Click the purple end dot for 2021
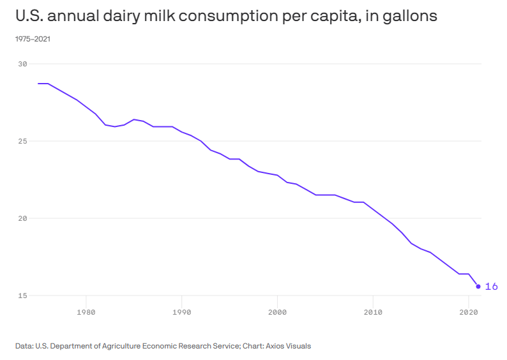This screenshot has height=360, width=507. point(478,286)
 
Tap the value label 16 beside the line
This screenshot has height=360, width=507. point(491,287)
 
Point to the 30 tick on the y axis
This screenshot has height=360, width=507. point(22,64)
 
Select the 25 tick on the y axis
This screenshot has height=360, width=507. point(22,141)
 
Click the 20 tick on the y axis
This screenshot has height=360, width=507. point(22,218)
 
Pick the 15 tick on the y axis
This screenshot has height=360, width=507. point(22,296)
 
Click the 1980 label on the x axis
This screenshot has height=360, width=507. point(86,312)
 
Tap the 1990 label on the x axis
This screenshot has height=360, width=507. point(182,312)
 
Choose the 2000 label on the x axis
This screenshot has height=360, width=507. point(277,312)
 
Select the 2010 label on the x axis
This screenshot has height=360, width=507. point(373,312)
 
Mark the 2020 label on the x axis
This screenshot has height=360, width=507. point(469,312)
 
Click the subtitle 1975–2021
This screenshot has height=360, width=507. point(33,39)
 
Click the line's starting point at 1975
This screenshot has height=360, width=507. point(38,84)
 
